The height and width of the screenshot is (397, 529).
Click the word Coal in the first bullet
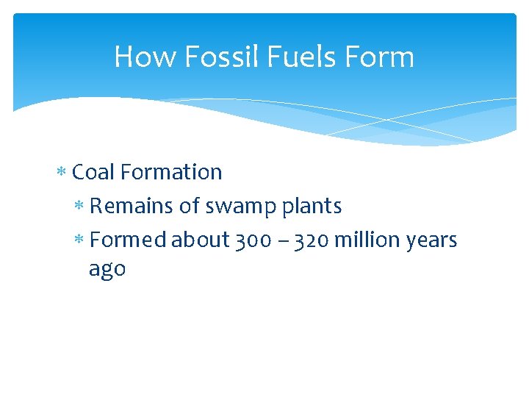(x=93, y=172)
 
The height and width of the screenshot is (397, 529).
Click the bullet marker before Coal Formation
(x=61, y=173)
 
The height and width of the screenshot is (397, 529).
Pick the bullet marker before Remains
(x=79, y=207)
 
